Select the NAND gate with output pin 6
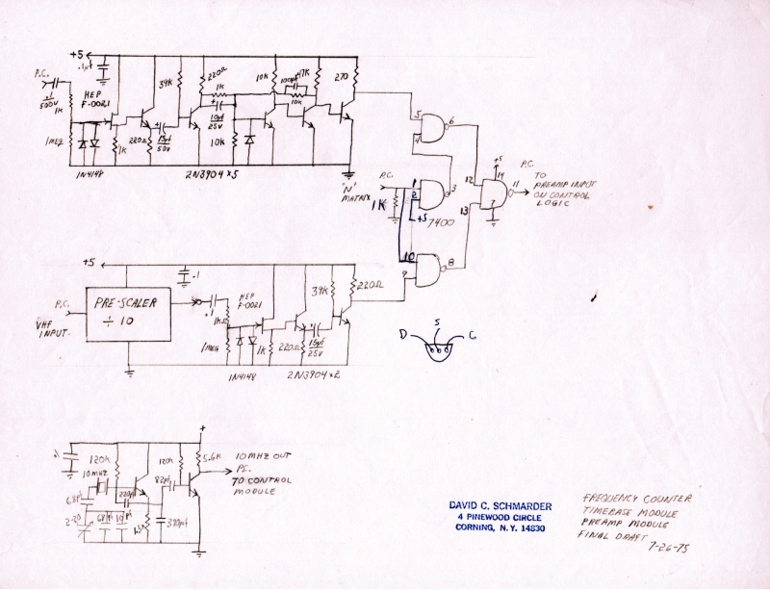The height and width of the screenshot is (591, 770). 435,129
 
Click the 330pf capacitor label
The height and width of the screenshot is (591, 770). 177,526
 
